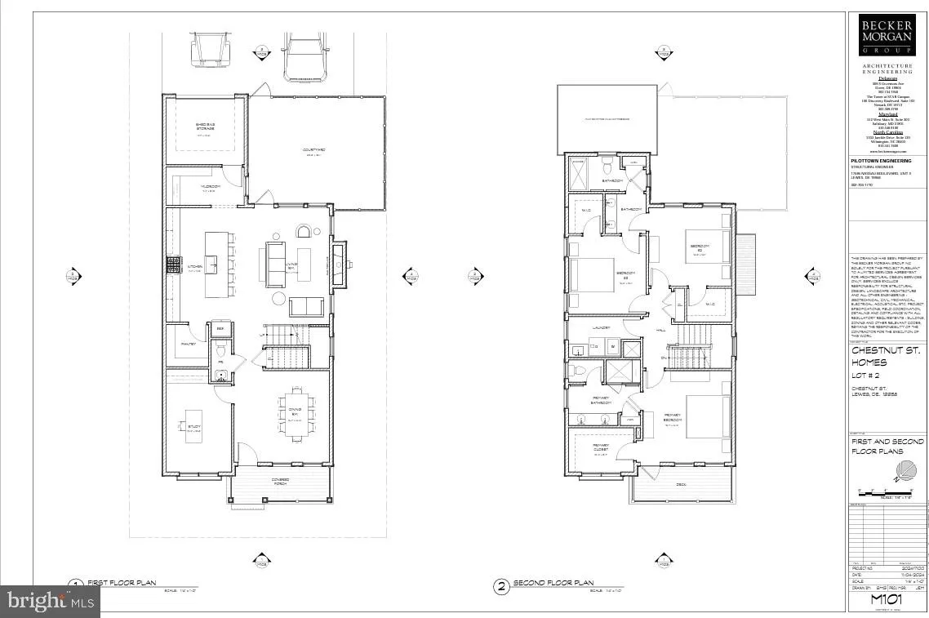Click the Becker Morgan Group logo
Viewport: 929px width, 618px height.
click(x=886, y=34)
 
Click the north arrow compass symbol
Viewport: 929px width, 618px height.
click(x=909, y=471)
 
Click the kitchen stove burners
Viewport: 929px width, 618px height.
click(x=172, y=264)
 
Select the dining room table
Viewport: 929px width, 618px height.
click(x=295, y=413)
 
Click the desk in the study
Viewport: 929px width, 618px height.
click(x=193, y=425)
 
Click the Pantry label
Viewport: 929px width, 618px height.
click(x=188, y=344)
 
